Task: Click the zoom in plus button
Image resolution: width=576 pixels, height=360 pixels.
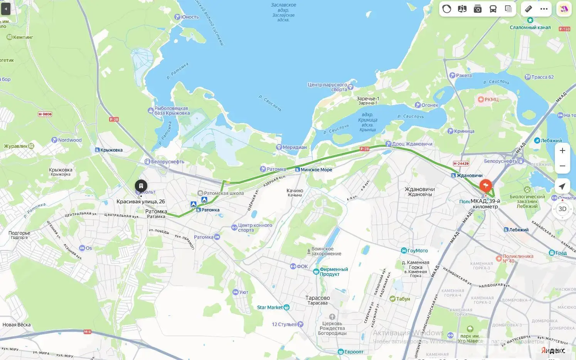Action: [562, 150]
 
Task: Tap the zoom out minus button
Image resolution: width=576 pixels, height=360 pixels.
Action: [562, 166]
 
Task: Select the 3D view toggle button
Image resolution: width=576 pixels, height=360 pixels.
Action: [562, 209]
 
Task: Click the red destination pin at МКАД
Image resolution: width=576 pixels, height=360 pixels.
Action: [485, 186]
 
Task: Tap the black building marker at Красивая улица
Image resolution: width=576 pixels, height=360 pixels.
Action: [141, 186]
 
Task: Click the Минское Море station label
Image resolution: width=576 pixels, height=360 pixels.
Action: [316, 170]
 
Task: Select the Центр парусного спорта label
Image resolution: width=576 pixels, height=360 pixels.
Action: [328, 87]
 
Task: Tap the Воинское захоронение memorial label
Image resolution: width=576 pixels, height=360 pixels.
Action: [326, 251]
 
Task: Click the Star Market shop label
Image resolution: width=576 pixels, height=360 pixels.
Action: [270, 308]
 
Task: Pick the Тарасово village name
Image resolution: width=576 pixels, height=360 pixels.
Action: [317, 298]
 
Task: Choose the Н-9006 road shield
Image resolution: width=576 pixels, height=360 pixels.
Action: [45, 114]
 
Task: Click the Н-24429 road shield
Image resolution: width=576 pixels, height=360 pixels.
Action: [461, 164]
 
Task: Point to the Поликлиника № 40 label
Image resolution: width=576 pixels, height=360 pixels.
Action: [517, 259]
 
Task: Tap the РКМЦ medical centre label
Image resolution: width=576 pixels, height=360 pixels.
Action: [491, 100]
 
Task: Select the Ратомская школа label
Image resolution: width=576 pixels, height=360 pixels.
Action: [224, 193]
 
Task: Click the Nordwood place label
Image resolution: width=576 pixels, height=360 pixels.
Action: [69, 140]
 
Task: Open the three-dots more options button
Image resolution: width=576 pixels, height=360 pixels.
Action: [544, 9]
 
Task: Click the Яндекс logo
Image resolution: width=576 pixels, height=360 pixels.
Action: [553, 350]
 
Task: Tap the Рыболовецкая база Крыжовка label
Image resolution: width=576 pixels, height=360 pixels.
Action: [172, 111]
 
